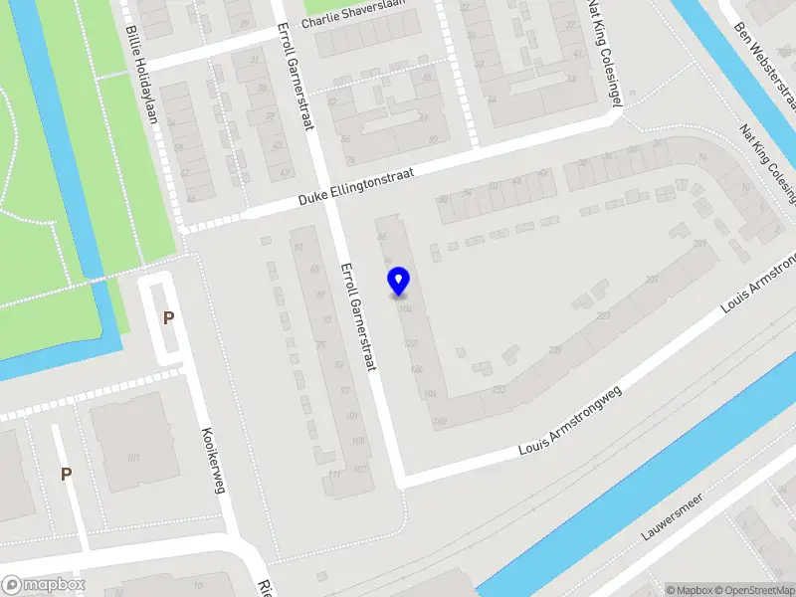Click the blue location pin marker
[x=399, y=281]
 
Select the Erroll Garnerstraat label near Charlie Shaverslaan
[x=296, y=75]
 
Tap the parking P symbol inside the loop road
[x=168, y=318]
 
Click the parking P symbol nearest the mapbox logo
[x=66, y=475]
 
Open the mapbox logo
[x=43, y=585]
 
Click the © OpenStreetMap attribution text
[x=753, y=590]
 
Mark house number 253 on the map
[x=499, y=387]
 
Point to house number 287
[x=699, y=243]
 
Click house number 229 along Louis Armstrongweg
[x=554, y=349]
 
